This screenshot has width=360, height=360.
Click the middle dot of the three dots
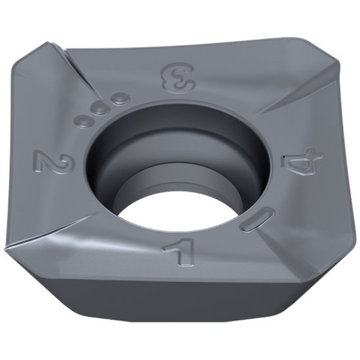pos(99,109)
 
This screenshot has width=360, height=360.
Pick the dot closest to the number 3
pos(117,99)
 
